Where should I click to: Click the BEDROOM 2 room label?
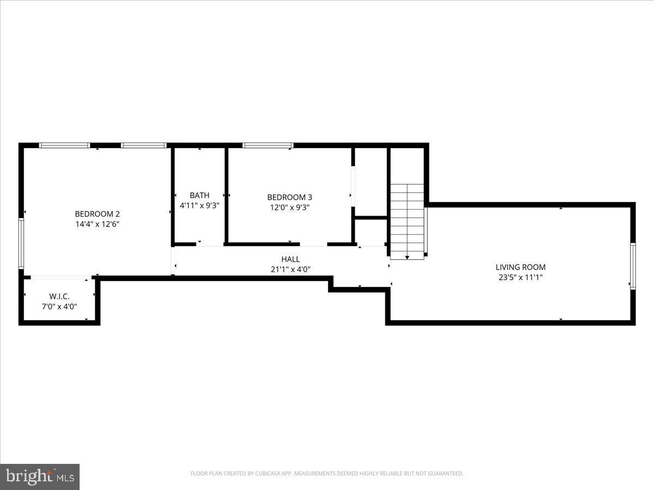(x=97, y=214)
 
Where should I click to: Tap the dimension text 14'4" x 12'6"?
(x=97, y=224)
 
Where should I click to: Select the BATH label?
(x=199, y=195)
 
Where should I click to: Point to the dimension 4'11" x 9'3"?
(x=199, y=205)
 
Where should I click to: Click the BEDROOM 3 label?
(x=289, y=197)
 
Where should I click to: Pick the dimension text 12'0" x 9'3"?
(x=289, y=207)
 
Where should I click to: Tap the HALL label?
(x=290, y=259)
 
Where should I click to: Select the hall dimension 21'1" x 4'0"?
(x=290, y=268)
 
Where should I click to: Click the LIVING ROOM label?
(x=520, y=267)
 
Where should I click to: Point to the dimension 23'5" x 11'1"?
(x=520, y=277)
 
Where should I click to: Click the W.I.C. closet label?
(x=59, y=296)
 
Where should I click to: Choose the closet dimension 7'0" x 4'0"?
(x=59, y=306)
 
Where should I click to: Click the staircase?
(x=407, y=218)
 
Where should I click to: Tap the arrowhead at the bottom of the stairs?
(x=407, y=257)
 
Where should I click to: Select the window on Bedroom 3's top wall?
(x=268, y=145)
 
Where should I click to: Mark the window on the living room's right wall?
(x=633, y=266)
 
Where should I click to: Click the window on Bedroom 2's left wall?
(x=21, y=243)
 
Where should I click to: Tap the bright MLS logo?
(x=40, y=476)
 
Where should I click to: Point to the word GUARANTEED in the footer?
(x=444, y=474)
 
